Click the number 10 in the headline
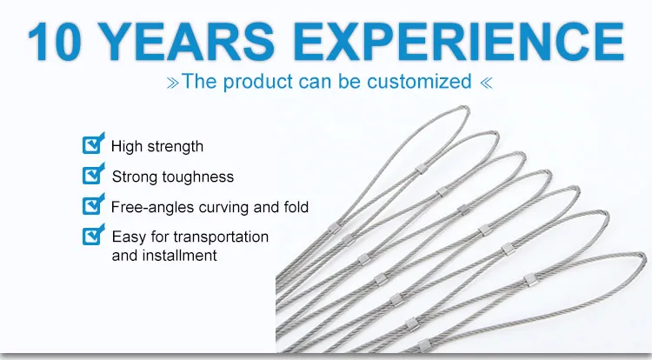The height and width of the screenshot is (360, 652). [x=54, y=42]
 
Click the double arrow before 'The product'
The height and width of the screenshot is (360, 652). [x=173, y=83]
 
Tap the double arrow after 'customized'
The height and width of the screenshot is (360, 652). [x=486, y=83]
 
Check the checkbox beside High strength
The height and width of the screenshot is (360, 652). [x=93, y=143]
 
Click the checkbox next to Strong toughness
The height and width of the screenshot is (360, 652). [x=93, y=174]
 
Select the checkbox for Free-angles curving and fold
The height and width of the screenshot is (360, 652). [x=93, y=204]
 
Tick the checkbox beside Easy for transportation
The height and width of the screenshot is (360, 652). [x=93, y=235]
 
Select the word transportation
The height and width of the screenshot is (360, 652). [x=221, y=237]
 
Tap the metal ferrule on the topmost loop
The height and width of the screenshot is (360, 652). [x=421, y=170]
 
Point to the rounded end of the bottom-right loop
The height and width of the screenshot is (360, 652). [x=644, y=258]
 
